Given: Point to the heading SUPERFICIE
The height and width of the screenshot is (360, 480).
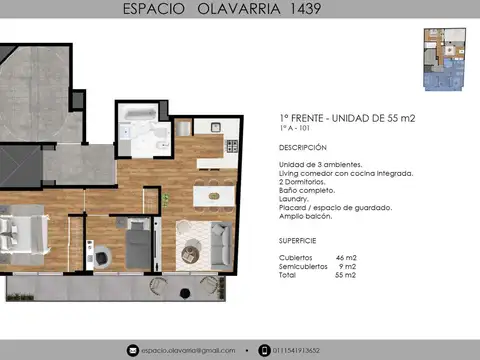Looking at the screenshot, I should pyautogui.click(x=298, y=241).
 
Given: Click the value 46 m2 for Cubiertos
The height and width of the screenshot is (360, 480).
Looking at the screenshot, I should pyautogui.click(x=347, y=258).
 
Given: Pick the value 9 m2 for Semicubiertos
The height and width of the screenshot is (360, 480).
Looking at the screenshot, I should pyautogui.click(x=348, y=266).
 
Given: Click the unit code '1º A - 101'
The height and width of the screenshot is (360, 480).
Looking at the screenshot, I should pyautogui.click(x=295, y=128).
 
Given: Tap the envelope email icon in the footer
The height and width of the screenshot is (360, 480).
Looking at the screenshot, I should pyautogui.click(x=133, y=350).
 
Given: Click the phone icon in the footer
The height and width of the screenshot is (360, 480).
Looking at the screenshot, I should pyautogui.click(x=263, y=350).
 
